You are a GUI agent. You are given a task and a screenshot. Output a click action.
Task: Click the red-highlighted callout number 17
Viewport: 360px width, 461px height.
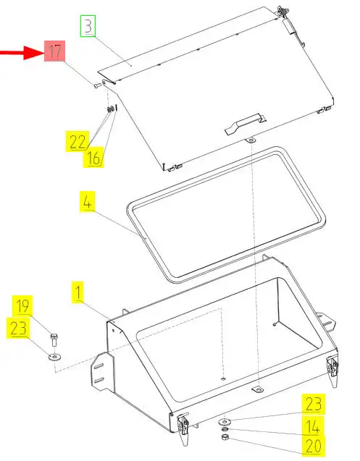55,51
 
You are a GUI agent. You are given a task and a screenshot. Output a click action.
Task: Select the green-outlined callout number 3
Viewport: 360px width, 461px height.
88,26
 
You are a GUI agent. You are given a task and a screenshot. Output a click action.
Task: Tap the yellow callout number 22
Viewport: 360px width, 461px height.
78,141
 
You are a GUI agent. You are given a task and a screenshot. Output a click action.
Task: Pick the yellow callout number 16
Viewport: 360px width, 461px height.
93,157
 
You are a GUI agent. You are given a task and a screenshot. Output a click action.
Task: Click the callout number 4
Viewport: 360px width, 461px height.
88,202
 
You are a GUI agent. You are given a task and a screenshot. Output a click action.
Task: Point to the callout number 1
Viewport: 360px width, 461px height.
78,292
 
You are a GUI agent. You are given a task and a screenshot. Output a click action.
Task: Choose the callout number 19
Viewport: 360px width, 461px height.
22,306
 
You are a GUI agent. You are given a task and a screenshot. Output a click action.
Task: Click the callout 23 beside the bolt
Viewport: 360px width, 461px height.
18,328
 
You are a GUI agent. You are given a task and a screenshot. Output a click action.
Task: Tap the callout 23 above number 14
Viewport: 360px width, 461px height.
313,404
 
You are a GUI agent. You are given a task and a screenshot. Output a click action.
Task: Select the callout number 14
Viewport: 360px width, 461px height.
313,426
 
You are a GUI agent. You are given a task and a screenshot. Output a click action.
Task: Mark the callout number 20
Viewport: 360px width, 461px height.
313,447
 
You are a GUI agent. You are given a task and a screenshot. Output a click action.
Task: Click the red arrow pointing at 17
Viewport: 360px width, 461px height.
22,53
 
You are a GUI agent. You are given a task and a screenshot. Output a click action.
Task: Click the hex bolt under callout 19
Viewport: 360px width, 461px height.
54,340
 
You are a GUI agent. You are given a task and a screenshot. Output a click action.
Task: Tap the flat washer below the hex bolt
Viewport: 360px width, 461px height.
55,358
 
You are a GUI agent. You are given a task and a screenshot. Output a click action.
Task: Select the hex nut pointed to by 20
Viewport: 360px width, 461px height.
225,437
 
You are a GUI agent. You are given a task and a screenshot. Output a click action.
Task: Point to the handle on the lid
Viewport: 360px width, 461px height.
246,124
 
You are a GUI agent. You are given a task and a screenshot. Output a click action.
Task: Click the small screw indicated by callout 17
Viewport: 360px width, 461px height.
98,85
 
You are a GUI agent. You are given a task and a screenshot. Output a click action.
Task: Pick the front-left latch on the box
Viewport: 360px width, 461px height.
183,428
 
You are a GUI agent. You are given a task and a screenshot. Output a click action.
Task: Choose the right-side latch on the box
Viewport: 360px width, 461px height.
332,371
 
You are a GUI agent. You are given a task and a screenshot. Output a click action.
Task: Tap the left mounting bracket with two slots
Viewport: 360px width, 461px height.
102,372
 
